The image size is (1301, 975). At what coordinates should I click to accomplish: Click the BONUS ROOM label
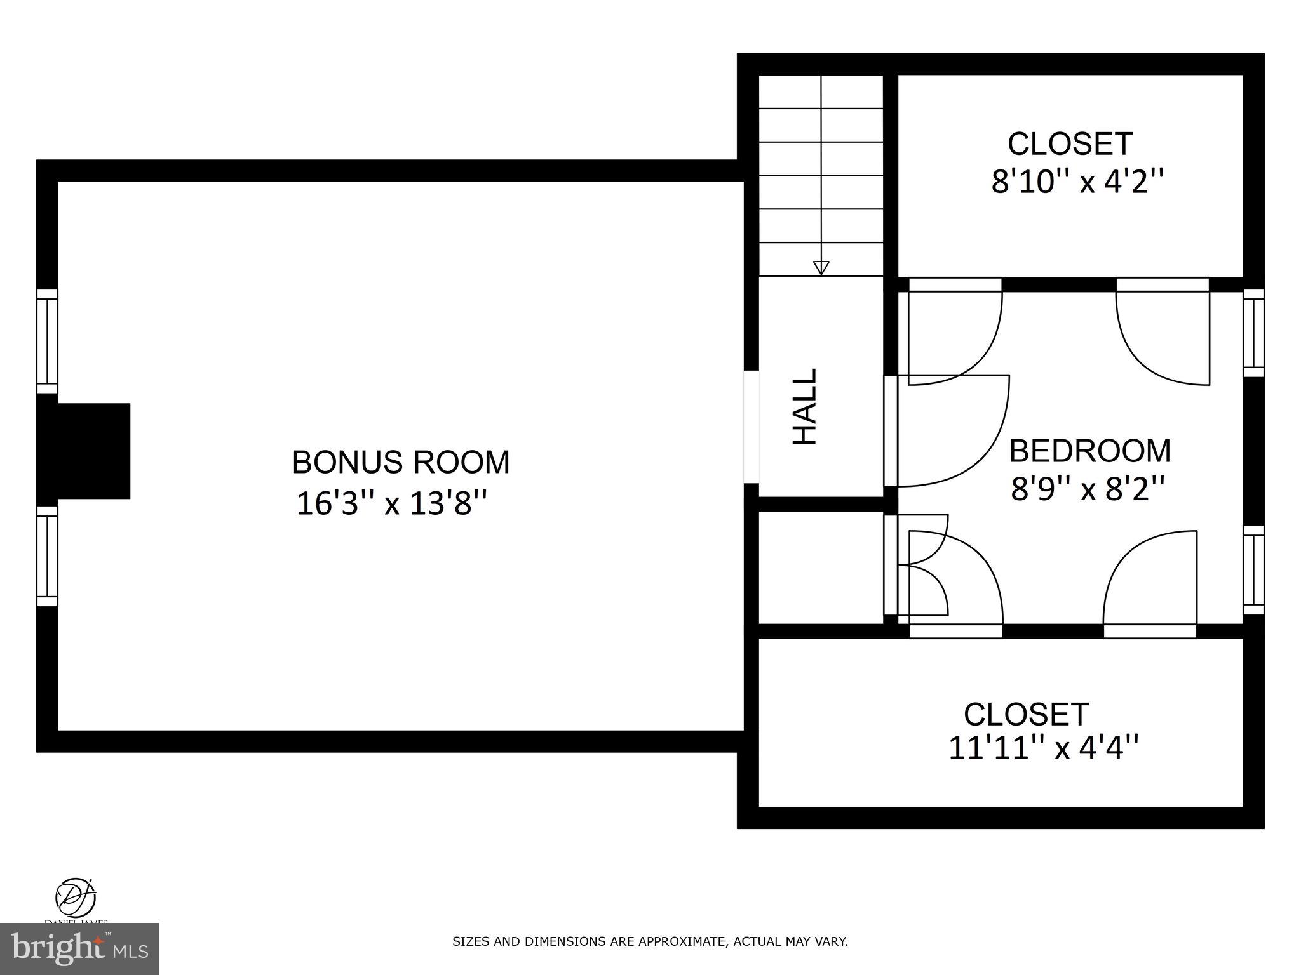[400, 462]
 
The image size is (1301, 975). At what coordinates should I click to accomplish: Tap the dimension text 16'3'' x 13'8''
[392, 504]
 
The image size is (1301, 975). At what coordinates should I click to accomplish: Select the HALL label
[805, 407]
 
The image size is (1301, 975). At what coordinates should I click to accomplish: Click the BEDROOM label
[1089, 451]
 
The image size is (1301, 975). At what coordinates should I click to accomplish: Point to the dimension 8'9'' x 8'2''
[1088, 489]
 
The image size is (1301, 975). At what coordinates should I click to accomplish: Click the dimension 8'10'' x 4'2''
[1077, 183]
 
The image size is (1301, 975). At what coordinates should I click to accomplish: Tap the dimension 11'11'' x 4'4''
[1043, 747]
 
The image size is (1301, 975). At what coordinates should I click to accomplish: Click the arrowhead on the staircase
[821, 268]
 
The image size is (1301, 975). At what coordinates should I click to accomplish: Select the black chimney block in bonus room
[84, 451]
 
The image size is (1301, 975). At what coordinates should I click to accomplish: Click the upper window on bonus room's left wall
[47, 342]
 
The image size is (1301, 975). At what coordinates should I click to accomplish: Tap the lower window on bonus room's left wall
[47, 556]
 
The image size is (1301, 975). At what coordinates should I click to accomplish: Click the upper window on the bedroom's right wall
[1253, 333]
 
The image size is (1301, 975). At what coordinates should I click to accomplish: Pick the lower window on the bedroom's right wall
[1253, 569]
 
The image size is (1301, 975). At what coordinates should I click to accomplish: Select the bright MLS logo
[79, 948]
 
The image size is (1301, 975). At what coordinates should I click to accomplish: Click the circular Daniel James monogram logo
[76, 897]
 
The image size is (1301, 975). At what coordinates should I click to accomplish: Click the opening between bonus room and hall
[751, 427]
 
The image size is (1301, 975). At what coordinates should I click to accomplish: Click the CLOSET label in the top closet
[1070, 144]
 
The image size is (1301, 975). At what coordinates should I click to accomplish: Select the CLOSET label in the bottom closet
[1026, 714]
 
